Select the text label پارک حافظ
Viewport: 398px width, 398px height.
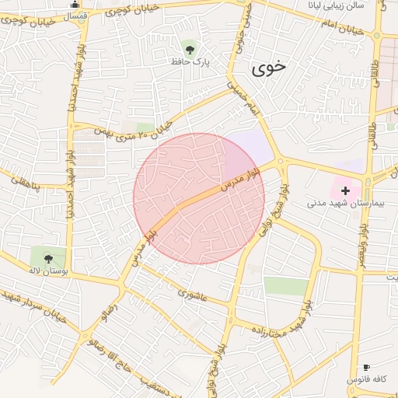pos(194,60)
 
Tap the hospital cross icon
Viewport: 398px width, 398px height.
pos(345,190)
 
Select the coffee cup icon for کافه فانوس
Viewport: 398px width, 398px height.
pos(367,367)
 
